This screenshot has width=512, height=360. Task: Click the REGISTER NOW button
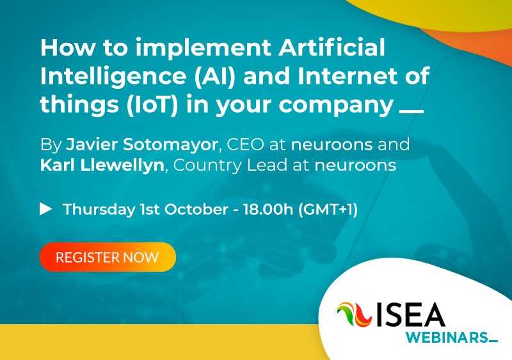click(x=108, y=257)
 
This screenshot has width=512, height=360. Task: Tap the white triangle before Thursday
click(x=46, y=209)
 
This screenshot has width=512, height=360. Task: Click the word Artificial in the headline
click(x=332, y=47)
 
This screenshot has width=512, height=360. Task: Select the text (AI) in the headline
click(x=214, y=76)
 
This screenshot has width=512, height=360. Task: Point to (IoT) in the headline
click(x=152, y=104)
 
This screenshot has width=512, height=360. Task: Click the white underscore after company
click(x=412, y=111)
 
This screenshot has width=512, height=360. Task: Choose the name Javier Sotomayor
click(x=142, y=145)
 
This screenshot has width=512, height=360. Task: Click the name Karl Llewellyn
click(x=102, y=165)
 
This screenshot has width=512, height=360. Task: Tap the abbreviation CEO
click(x=245, y=145)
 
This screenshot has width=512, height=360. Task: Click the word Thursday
click(x=99, y=210)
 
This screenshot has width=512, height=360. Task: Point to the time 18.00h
click(x=268, y=209)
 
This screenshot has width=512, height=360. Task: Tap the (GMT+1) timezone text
click(x=328, y=209)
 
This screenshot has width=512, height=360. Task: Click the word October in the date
click(x=196, y=209)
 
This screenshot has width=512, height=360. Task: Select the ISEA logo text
click(x=411, y=315)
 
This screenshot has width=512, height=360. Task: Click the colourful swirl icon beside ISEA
click(x=355, y=315)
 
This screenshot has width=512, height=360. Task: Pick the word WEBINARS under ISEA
click(x=447, y=338)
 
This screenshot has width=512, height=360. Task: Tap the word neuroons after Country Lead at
click(x=355, y=166)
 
